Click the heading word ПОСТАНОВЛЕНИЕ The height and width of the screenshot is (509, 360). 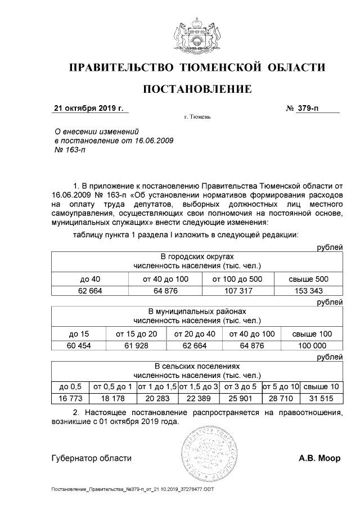coord(197,89)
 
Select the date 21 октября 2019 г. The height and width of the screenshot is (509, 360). coord(88,108)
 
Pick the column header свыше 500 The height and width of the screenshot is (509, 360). coord(308,279)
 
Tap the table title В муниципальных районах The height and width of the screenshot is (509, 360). coord(197,311)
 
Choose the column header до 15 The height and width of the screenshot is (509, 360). coord(79,334)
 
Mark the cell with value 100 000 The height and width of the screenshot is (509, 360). coord(311,345)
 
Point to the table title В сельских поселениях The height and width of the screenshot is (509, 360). coord(197,366)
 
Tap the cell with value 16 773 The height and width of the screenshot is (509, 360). coord(70,398)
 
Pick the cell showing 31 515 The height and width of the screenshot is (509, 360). coord(321,398)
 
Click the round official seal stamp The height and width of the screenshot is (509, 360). coord(208,453)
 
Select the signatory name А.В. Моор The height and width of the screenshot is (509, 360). coord(319,458)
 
